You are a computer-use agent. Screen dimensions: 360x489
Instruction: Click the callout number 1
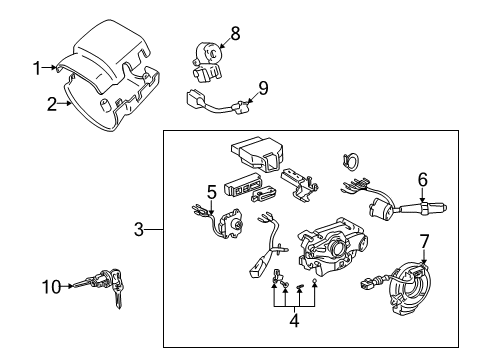tap(36, 68)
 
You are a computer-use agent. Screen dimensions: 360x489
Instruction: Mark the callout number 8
tap(235, 34)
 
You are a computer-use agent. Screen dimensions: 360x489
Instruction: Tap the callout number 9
tap(263, 88)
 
